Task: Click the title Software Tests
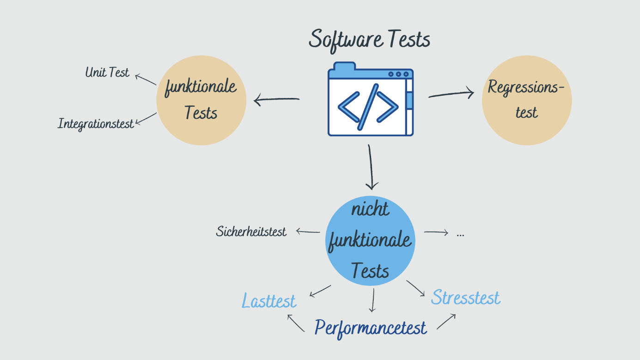[x=369, y=39]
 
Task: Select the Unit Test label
[x=107, y=73]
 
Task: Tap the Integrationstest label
[x=96, y=124]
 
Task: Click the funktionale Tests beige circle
[x=201, y=100]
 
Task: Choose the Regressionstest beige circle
[x=527, y=100]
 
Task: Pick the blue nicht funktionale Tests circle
[x=370, y=241]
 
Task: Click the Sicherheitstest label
[x=251, y=232]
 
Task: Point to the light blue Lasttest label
[x=269, y=301]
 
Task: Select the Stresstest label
[x=465, y=298]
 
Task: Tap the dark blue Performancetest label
[x=371, y=328]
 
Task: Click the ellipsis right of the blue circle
[x=460, y=234]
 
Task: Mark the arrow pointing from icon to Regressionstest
[x=451, y=94]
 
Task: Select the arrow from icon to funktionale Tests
[x=276, y=99]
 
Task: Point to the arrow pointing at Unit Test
[x=145, y=79]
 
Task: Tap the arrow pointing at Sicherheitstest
[x=308, y=231]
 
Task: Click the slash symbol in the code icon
[x=368, y=107]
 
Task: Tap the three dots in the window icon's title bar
[x=398, y=74]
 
